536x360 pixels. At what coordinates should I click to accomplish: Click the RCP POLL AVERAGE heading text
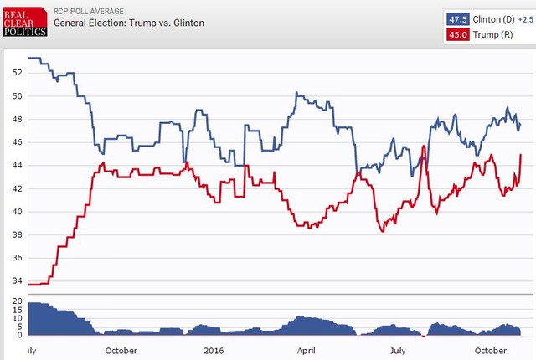click(x=89, y=10)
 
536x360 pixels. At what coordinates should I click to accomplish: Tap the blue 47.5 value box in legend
click(x=457, y=18)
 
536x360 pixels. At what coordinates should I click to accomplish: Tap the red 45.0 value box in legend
click(x=457, y=34)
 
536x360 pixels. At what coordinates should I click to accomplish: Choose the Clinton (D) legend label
click(x=494, y=18)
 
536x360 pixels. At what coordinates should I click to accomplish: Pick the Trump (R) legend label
click(x=492, y=34)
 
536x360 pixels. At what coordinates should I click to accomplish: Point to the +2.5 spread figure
click(x=525, y=18)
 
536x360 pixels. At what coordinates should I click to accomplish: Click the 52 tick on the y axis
click(x=17, y=72)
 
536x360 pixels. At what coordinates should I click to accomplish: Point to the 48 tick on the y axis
click(x=17, y=119)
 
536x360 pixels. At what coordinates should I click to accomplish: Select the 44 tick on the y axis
click(x=17, y=165)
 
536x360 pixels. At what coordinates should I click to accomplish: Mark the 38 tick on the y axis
click(x=17, y=234)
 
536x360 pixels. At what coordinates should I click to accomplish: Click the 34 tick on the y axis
click(x=17, y=281)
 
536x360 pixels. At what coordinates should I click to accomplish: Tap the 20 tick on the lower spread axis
click(x=18, y=303)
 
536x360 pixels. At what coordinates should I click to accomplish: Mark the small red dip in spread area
click(x=424, y=336)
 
